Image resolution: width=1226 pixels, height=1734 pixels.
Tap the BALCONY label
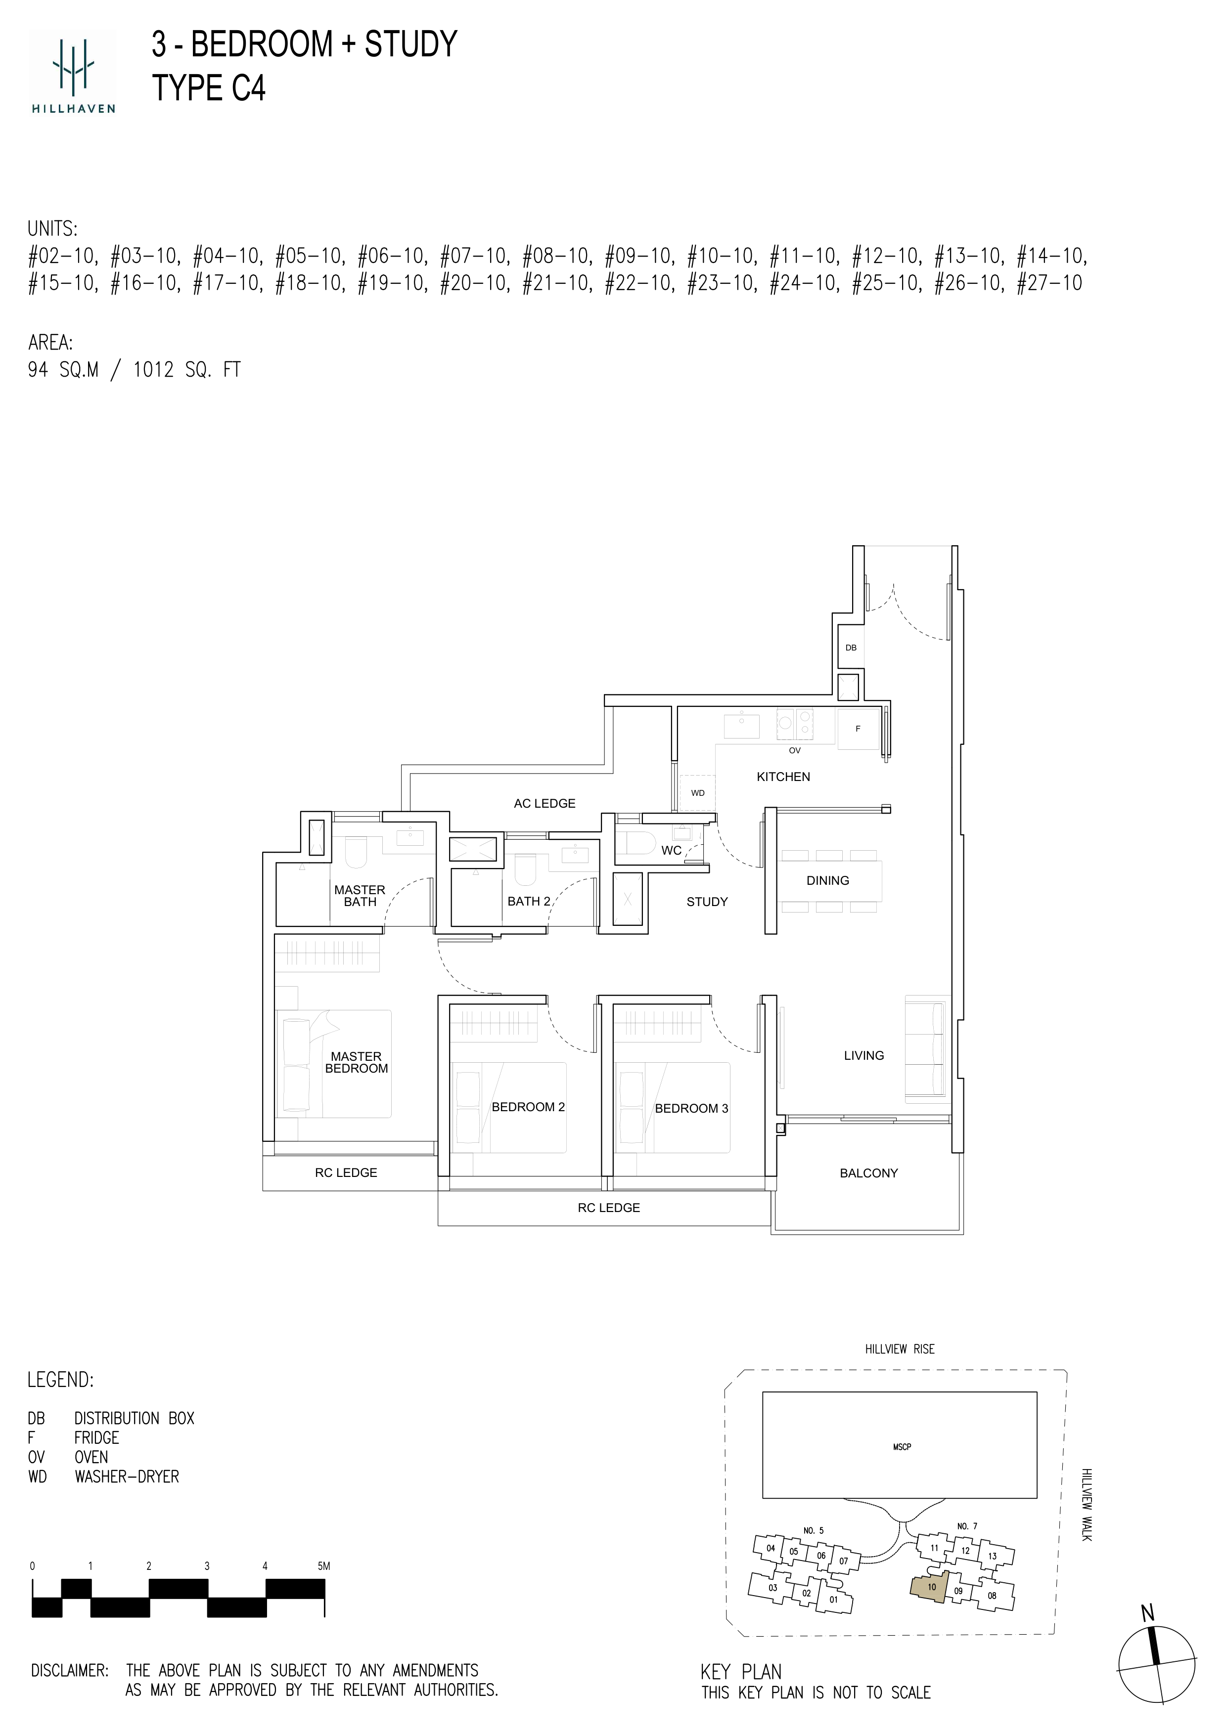[869, 1173]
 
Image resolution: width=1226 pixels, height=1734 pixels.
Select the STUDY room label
[707, 902]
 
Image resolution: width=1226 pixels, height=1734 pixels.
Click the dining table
[829, 881]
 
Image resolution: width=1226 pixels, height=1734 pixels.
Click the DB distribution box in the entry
[851, 647]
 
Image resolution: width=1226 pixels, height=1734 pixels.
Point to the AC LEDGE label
[545, 804]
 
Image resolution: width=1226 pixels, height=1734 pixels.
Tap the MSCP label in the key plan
[902, 1447]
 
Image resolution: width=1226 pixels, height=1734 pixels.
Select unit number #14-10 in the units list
[1051, 257]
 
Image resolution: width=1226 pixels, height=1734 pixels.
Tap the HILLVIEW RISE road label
[900, 1349]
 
